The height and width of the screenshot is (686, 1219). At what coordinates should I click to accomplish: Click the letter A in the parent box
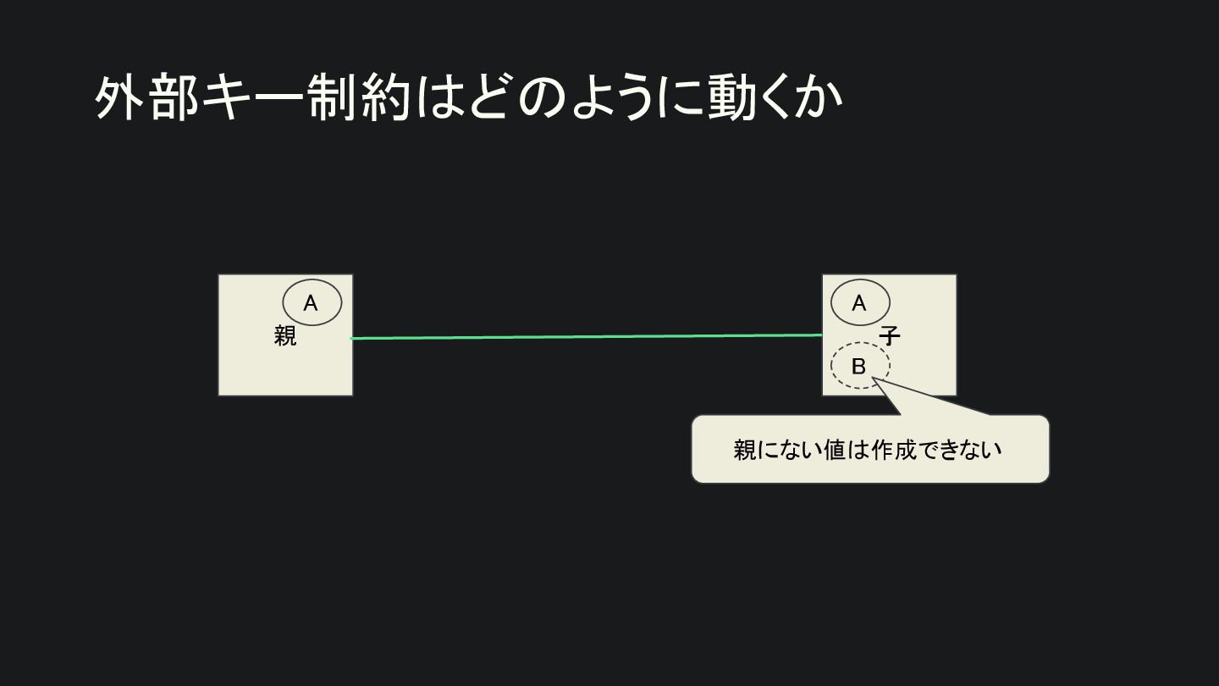(x=311, y=303)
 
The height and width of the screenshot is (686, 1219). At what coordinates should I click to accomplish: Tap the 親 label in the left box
(x=285, y=336)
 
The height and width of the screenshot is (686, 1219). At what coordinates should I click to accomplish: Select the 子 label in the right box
(x=889, y=336)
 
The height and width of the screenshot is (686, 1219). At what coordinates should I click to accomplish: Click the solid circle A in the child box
(x=860, y=302)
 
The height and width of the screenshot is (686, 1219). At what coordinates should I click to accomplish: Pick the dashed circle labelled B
(x=859, y=367)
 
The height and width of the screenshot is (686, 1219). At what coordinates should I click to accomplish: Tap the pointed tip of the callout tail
(x=873, y=379)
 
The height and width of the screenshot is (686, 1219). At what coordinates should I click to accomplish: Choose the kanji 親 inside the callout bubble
(x=745, y=450)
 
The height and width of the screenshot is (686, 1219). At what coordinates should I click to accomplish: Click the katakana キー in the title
(x=253, y=99)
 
